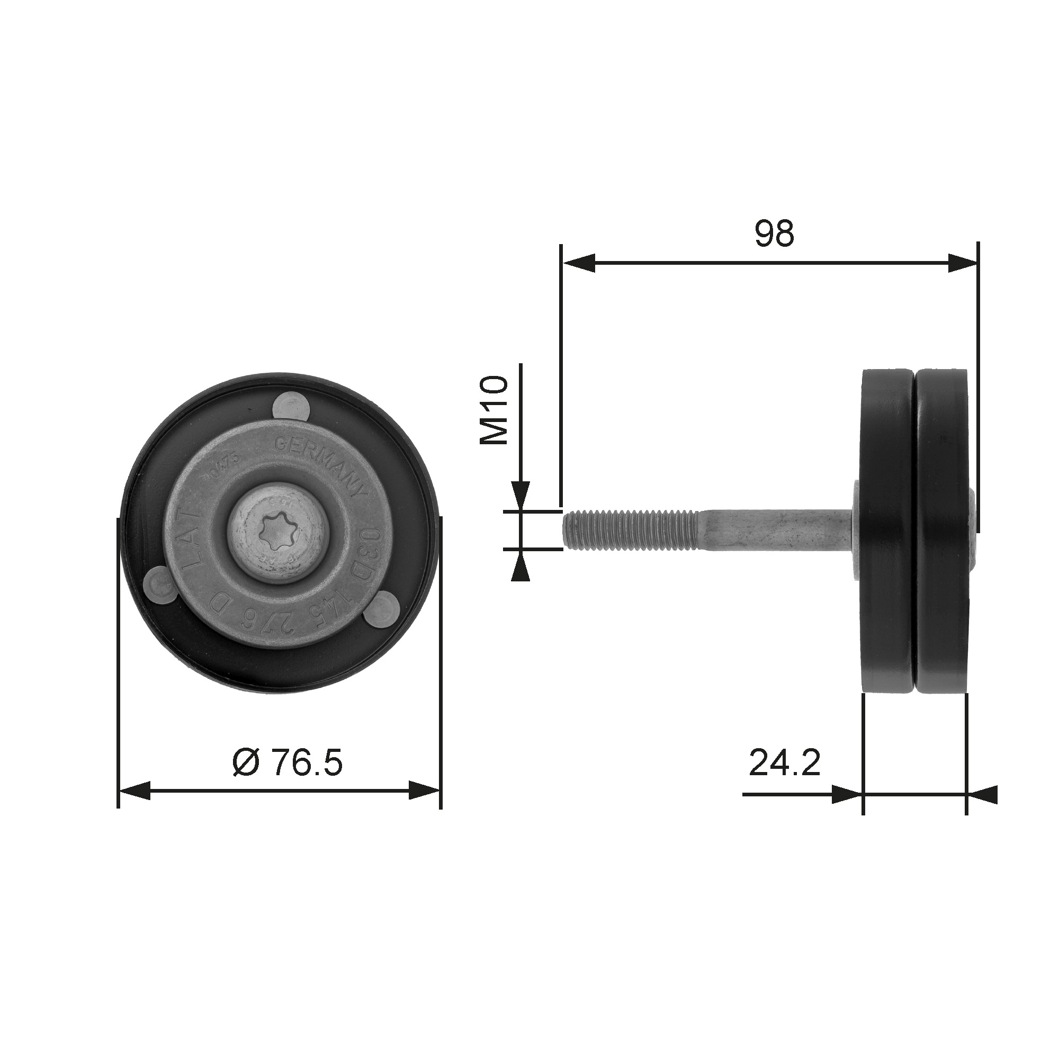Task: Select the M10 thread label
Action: coord(495,409)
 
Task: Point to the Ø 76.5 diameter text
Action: coord(287,763)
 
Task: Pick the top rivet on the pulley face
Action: coord(291,407)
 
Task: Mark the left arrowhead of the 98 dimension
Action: coord(579,263)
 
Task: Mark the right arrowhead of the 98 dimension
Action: coord(962,263)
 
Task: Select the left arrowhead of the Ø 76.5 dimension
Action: coord(134,791)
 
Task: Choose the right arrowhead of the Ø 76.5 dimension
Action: coord(425,791)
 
